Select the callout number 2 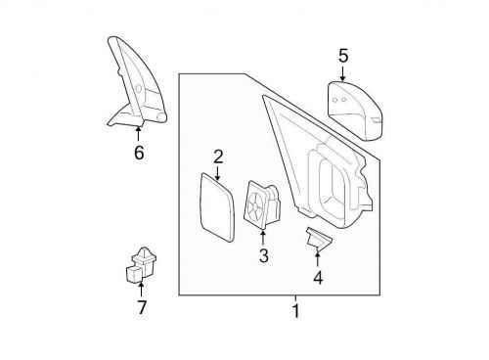coord(218,156)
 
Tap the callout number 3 coord(263,256)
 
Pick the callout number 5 coord(342,56)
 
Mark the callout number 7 coord(141,307)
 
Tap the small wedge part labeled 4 coord(316,237)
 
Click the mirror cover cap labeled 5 coord(353,107)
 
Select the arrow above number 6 coord(138,132)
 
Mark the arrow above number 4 coord(318,256)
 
